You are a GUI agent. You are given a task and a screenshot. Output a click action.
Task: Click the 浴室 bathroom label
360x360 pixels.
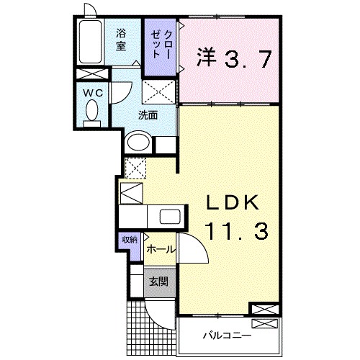click(121, 40)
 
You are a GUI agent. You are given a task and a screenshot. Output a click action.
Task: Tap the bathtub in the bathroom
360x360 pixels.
click(90, 42)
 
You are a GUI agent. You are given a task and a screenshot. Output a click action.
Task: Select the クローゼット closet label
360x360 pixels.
click(161, 45)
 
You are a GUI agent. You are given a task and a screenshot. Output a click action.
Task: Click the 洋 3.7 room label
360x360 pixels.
click(234, 58)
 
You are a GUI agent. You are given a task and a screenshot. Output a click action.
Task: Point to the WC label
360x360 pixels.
click(93, 93)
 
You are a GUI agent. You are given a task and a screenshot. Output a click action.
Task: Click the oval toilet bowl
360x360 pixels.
click(92, 110)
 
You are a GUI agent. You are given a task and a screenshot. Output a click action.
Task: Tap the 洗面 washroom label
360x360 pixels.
click(148, 116)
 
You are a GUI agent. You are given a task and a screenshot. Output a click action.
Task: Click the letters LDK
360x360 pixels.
click(233, 202)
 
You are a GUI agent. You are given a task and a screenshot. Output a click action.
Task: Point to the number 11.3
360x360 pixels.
click(237, 231)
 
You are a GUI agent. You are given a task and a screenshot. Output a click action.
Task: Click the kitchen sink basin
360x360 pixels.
click(170, 217)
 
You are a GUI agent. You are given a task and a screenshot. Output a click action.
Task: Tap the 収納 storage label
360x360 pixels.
click(130, 240)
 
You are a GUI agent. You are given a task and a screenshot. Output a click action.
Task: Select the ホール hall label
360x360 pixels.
click(160, 250)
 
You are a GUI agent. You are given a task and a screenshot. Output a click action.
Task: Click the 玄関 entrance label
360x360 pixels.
click(158, 282)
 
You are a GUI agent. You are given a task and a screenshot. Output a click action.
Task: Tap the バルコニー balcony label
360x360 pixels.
click(228, 335)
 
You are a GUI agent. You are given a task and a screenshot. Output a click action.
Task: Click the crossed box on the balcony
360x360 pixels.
click(264, 323)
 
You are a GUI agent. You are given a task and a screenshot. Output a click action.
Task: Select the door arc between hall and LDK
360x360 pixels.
click(200, 243)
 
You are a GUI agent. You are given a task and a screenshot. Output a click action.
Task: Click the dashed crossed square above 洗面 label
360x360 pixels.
click(159, 92)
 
